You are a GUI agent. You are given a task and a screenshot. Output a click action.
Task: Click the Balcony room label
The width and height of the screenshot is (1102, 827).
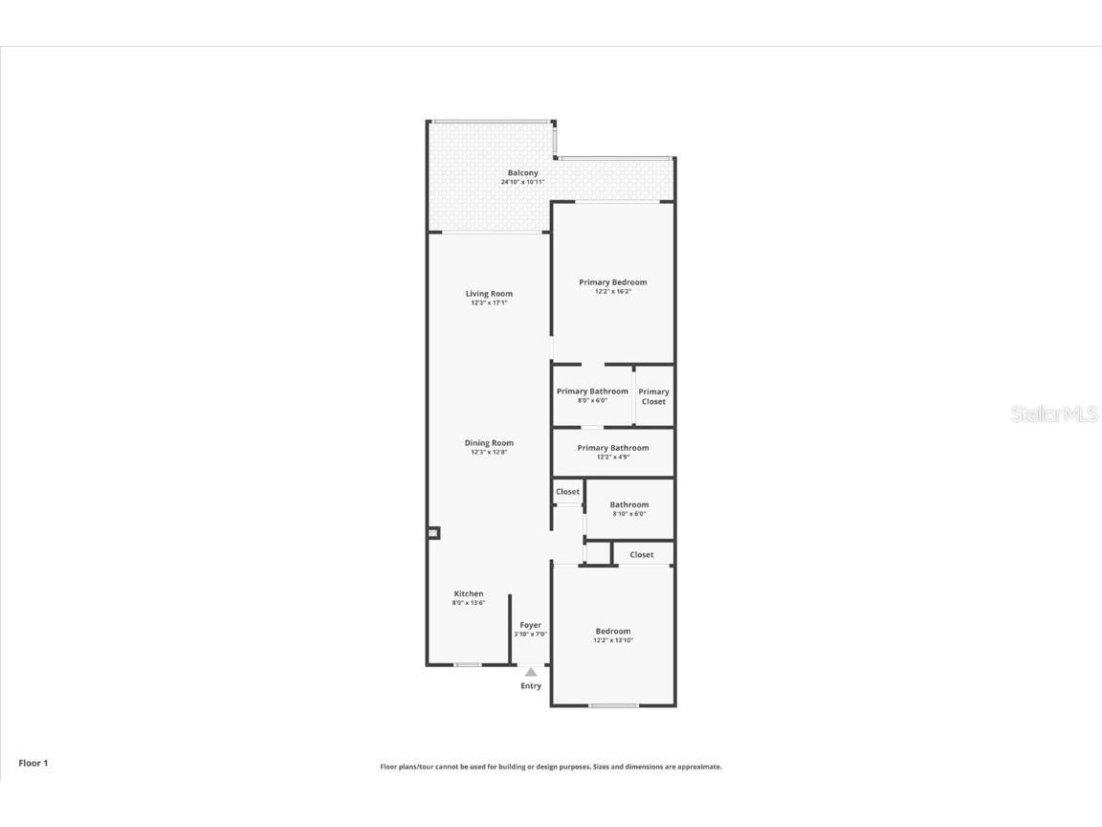pyautogui.click(x=522, y=173)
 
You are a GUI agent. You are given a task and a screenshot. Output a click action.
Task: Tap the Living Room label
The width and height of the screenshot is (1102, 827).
pyautogui.click(x=489, y=294)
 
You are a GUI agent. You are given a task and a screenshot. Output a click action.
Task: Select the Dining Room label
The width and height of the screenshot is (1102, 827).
pyautogui.click(x=489, y=443)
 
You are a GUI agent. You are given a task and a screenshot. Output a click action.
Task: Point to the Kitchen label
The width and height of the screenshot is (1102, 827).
pyautogui.click(x=469, y=594)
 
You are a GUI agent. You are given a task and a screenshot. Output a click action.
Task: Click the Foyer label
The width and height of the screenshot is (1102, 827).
pyautogui.click(x=530, y=625)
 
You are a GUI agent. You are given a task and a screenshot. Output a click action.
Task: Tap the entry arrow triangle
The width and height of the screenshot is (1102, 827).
pyautogui.click(x=531, y=672)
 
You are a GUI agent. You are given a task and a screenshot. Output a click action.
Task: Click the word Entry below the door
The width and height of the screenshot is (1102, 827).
pyautogui.click(x=531, y=686)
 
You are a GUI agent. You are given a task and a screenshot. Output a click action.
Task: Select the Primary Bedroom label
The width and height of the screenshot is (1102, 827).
pyautogui.click(x=613, y=282)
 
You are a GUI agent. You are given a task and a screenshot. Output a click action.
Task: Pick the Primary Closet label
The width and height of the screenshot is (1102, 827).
pyautogui.click(x=654, y=396)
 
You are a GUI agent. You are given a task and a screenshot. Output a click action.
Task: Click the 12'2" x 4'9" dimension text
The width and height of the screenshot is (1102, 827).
pyautogui.click(x=613, y=458)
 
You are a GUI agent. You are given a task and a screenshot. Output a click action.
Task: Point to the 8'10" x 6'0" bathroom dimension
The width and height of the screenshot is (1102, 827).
pyautogui.click(x=629, y=514)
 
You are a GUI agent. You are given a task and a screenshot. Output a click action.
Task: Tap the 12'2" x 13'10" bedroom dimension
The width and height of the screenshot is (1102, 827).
pyautogui.click(x=613, y=640)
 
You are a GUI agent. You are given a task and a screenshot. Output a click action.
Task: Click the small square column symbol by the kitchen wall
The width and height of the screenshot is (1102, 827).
pyautogui.click(x=433, y=533)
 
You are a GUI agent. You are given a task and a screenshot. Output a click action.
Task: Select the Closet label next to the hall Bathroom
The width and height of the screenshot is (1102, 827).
pyautogui.click(x=568, y=492)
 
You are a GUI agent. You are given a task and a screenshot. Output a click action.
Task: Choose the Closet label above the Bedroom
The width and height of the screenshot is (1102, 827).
pyautogui.click(x=642, y=555)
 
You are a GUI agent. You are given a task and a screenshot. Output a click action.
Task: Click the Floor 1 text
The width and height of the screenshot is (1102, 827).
pyautogui.click(x=33, y=763)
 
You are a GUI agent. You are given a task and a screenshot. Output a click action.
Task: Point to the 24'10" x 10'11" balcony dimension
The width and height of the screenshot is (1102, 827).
pyautogui.click(x=522, y=182)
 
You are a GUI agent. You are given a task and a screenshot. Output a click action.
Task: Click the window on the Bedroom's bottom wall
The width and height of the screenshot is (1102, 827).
pyautogui.click(x=613, y=706)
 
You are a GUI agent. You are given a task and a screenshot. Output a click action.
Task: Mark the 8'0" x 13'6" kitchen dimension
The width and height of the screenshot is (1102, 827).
pyautogui.click(x=469, y=603)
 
